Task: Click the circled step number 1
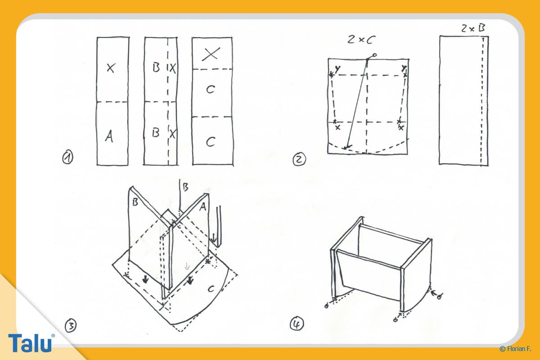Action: pyautogui.click(x=67, y=157)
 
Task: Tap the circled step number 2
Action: pyautogui.click(x=299, y=159)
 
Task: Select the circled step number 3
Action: pyautogui.click(x=71, y=325)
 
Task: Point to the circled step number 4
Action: pyautogui.click(x=297, y=324)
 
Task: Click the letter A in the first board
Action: pyautogui.click(x=109, y=136)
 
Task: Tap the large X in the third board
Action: pyautogui.click(x=211, y=54)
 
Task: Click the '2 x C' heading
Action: pyautogui.click(x=361, y=40)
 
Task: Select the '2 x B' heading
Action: pyautogui.click(x=473, y=28)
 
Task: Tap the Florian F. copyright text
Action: pyautogui.click(x=515, y=349)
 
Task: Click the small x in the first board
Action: pyautogui.click(x=111, y=68)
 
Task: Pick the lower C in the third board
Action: pyautogui.click(x=211, y=142)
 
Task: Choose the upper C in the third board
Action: pyautogui.click(x=211, y=90)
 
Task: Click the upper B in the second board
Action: pyautogui.click(x=156, y=67)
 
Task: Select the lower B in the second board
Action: pyautogui.click(x=156, y=133)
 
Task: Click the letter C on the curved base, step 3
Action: pyautogui.click(x=211, y=288)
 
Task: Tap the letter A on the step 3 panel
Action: pyautogui.click(x=203, y=207)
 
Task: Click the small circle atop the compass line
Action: pyautogui.click(x=374, y=55)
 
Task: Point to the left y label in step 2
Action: pyautogui.click(x=337, y=69)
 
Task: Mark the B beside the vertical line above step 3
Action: pyautogui.click(x=185, y=187)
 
